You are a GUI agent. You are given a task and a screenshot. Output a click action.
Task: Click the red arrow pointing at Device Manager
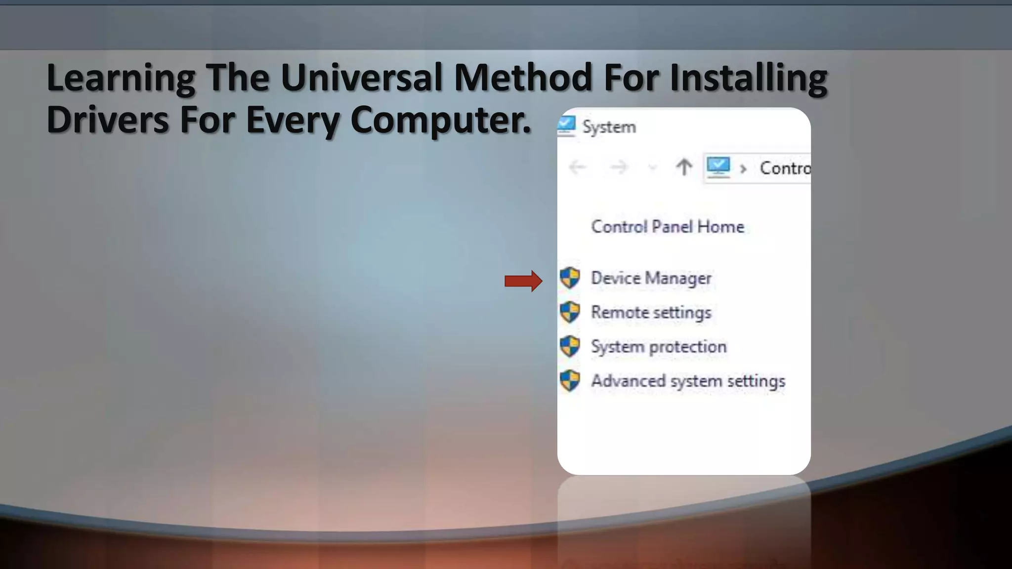click(523, 281)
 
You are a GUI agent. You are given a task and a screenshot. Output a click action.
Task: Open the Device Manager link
click(651, 278)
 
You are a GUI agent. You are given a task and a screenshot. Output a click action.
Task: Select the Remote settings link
click(651, 312)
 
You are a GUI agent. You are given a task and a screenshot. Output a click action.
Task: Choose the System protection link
click(658, 346)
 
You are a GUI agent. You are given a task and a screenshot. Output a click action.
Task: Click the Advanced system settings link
click(688, 381)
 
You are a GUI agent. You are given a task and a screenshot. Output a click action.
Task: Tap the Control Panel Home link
click(667, 227)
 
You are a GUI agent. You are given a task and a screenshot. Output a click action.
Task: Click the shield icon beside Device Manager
click(570, 278)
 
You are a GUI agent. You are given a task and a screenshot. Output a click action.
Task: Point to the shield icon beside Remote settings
click(570, 312)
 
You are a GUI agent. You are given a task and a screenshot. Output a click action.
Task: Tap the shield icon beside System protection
click(570, 346)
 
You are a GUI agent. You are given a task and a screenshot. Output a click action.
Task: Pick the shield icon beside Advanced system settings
click(570, 381)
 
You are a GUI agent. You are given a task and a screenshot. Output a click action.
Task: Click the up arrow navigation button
click(684, 167)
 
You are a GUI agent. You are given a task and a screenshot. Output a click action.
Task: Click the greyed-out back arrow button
click(577, 167)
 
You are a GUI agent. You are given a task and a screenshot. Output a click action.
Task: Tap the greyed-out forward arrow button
click(618, 167)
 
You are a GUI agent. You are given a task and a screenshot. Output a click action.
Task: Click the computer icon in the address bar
click(718, 167)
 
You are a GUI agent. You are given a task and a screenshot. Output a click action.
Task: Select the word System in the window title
click(609, 127)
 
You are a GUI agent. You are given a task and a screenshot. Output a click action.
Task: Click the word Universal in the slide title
click(362, 78)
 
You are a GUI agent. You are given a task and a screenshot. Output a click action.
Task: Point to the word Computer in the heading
click(440, 120)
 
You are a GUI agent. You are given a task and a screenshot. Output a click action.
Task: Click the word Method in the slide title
click(523, 78)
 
